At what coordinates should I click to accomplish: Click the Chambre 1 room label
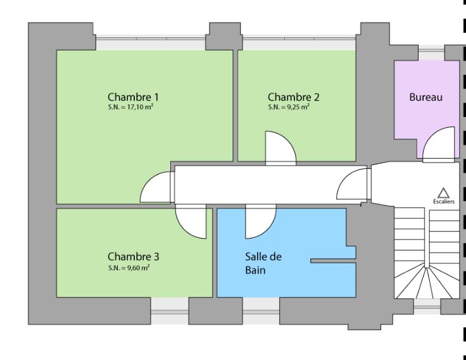click(x=133, y=97)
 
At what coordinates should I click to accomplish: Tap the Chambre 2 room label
click(x=293, y=97)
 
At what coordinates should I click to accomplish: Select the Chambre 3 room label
click(x=133, y=257)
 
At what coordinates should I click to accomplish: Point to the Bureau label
click(x=425, y=97)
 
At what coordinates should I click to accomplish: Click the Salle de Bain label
click(x=263, y=263)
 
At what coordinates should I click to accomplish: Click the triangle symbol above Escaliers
click(x=443, y=192)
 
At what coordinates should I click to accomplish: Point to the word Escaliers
click(x=443, y=201)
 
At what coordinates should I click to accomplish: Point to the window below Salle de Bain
click(x=261, y=304)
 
